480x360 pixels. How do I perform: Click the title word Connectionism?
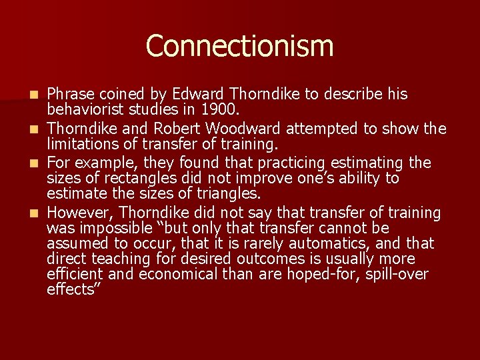239,46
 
